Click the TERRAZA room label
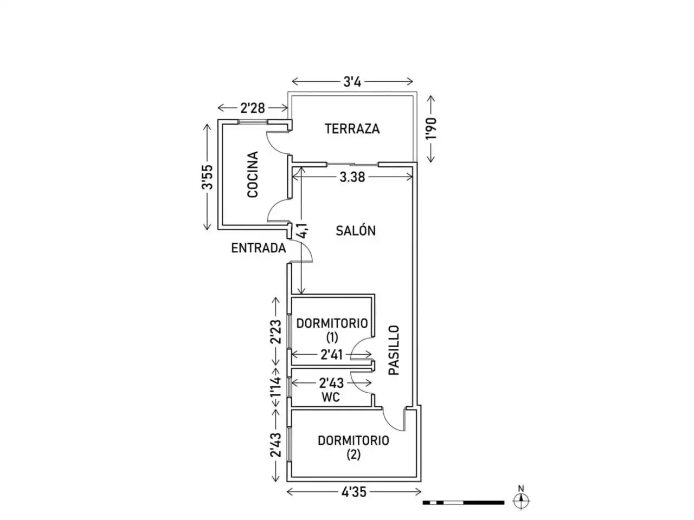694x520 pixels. coord(352,129)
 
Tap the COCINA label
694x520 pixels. coord(253,174)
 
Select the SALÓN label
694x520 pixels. coord(355,231)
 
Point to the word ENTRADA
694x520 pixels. coord(258,248)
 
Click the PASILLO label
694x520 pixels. coord(394,350)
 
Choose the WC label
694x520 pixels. coord(331,397)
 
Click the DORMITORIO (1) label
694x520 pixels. coord(332,330)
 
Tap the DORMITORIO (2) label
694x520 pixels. coord(353,447)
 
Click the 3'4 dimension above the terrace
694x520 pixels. coord(352,82)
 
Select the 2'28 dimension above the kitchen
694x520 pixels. coord(253,108)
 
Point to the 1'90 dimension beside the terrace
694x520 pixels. coord(431,128)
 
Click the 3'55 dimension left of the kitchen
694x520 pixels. coord(207,177)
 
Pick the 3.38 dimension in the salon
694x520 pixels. coord(352,177)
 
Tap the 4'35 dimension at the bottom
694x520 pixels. coord(354,492)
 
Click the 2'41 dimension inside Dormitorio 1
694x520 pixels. coord(331,355)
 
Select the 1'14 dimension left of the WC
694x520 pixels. coord(275,388)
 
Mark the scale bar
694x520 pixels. coord(464,502)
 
